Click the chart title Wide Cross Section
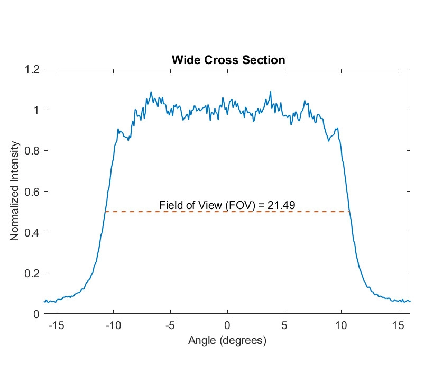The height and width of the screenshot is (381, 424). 228,60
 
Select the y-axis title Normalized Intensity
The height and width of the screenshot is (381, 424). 15,191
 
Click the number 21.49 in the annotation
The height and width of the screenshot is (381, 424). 281,205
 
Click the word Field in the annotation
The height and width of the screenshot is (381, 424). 170,205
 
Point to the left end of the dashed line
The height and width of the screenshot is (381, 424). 105,212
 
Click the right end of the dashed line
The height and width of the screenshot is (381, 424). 349,212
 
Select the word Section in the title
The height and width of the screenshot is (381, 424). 266,60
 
